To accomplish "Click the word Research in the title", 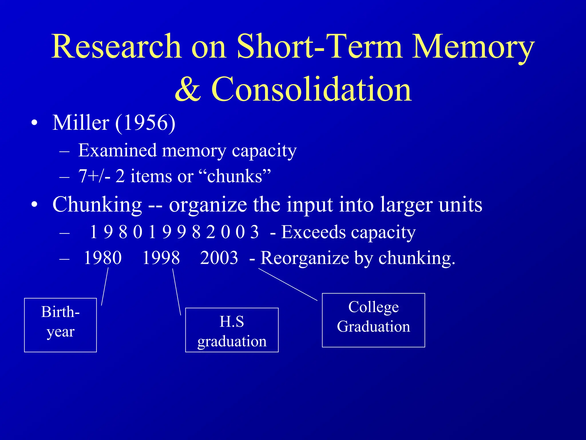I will pyautogui.click(x=116, y=46).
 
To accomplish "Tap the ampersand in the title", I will pyautogui.click(x=188, y=89).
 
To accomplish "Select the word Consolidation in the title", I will pyautogui.click(x=311, y=89).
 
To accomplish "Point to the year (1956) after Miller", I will pyautogui.click(x=145, y=123).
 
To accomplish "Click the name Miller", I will pyautogui.click(x=81, y=123).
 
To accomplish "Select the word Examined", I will pyautogui.click(x=117, y=150).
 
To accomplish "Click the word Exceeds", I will pyautogui.click(x=313, y=232).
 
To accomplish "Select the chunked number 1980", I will pyautogui.click(x=103, y=258).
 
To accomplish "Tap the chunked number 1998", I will pyautogui.click(x=161, y=258).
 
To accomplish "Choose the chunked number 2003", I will pyautogui.click(x=219, y=258).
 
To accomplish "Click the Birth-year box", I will pyautogui.click(x=60, y=325).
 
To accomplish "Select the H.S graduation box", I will pyautogui.click(x=232, y=330).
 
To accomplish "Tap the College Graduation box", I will pyautogui.click(x=373, y=320).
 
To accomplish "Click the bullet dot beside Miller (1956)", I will pyautogui.click(x=35, y=123).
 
